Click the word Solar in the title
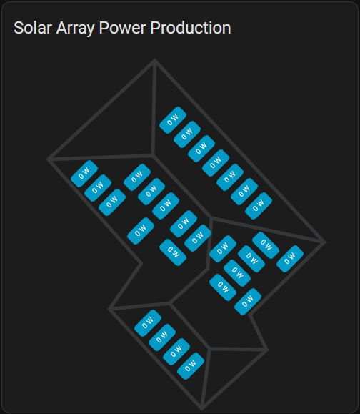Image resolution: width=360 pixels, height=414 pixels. (33, 28)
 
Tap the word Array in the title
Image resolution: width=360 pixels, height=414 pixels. (75, 29)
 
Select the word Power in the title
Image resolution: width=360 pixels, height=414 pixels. (122, 28)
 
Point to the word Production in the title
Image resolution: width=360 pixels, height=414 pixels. (191, 28)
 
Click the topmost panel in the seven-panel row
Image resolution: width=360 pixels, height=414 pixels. (173, 120)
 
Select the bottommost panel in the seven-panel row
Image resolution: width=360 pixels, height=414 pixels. (259, 206)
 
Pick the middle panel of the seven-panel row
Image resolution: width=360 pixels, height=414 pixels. (216, 163)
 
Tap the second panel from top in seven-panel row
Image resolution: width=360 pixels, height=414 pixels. (187, 134)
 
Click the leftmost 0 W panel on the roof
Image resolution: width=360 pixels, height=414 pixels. (84, 174)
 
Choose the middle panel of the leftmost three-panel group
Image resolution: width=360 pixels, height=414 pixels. (98, 188)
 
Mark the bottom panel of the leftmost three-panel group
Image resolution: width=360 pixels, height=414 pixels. (112, 202)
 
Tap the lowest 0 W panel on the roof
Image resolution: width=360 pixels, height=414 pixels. (191, 366)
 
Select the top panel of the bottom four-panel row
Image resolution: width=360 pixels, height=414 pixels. (148, 323)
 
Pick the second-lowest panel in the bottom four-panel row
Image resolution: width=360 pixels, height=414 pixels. (176, 352)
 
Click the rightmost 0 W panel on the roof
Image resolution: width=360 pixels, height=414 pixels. (290, 259)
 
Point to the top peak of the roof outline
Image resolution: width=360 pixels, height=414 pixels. (155, 60)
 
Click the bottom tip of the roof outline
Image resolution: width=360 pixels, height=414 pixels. (201, 409)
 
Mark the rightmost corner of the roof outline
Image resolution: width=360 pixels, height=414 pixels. (325, 242)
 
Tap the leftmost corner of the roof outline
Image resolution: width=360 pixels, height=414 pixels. (48, 159)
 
